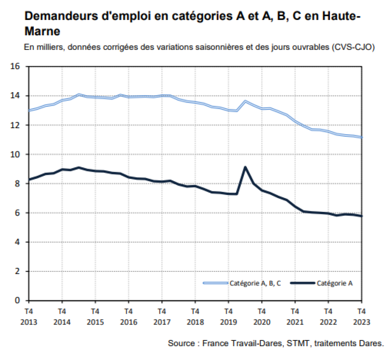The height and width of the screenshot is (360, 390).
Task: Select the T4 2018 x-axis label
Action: [195, 316]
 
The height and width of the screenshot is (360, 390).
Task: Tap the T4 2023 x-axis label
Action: [361, 316]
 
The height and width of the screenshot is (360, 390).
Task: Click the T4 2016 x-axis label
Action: [128, 316]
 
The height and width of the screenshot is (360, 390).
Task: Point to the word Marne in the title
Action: [42, 32]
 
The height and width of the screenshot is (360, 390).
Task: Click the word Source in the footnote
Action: [181, 344]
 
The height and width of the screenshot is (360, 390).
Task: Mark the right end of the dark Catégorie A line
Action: [361, 216]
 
